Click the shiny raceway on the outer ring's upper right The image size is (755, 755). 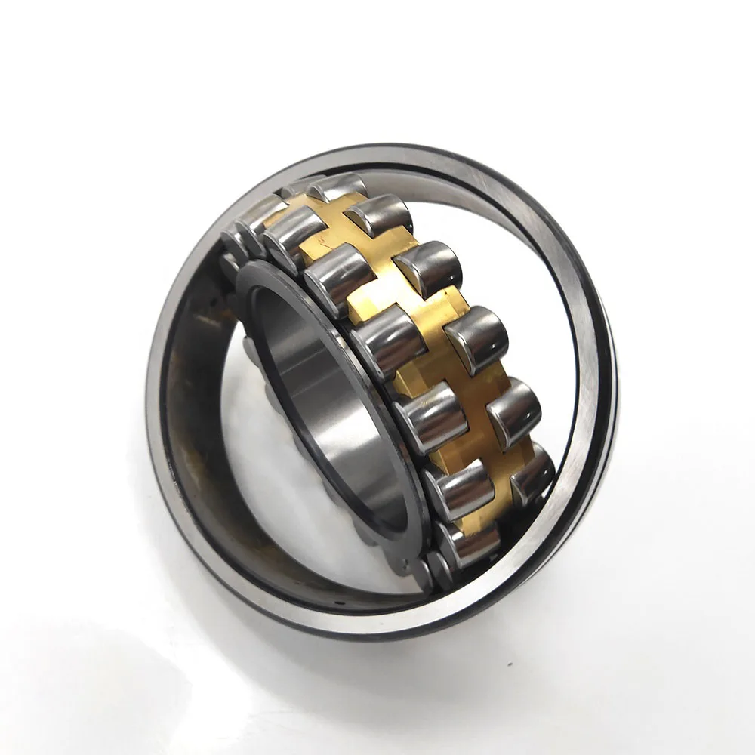pyautogui.click(x=521, y=226)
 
